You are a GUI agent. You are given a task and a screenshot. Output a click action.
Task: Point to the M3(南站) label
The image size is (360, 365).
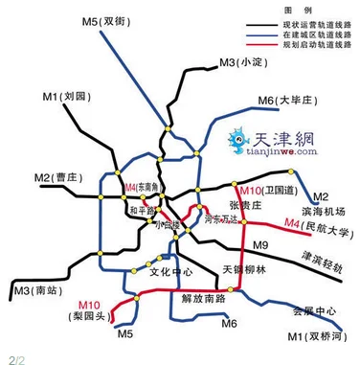(35, 288)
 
